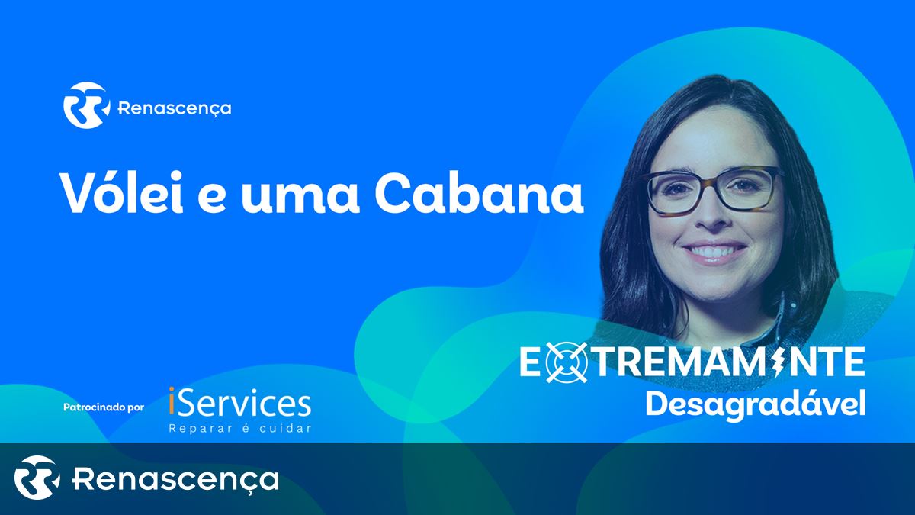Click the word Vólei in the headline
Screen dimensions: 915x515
(x=123, y=192)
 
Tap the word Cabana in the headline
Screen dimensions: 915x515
(x=479, y=193)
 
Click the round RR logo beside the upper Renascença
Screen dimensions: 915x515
(x=87, y=105)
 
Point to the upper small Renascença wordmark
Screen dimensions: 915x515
(x=175, y=108)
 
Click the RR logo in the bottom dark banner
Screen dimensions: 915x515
(x=37, y=478)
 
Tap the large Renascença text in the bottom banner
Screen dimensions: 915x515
(x=175, y=479)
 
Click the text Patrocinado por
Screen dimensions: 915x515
(x=104, y=407)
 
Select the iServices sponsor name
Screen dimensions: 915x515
(x=239, y=403)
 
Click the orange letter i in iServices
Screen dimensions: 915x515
(x=172, y=402)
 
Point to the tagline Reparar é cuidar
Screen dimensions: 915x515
(x=240, y=428)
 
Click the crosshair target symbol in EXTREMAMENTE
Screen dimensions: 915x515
(x=567, y=362)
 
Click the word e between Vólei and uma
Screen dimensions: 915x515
(x=212, y=199)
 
